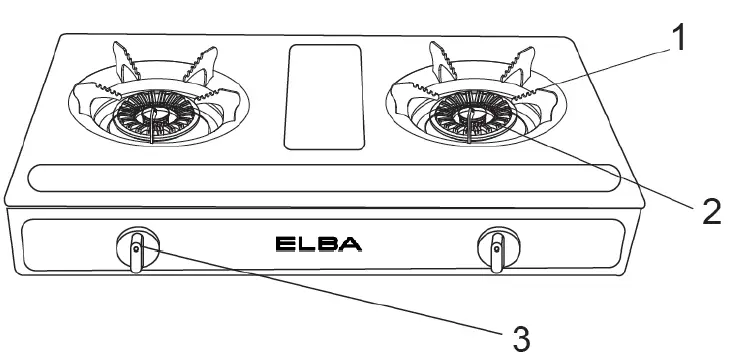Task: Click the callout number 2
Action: point(711,210)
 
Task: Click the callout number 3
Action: point(520,337)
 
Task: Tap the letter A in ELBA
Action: point(351,243)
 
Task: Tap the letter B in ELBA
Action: point(329,243)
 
